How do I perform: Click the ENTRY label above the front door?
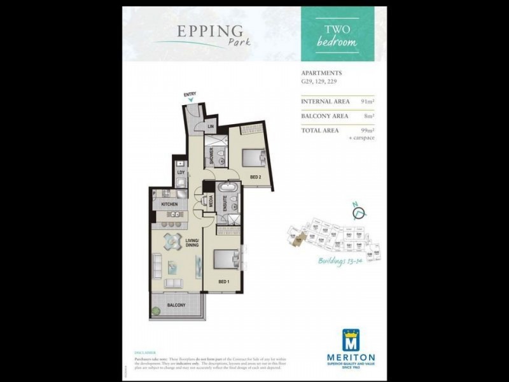coord(190,94)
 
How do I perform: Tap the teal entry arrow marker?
coord(190,100)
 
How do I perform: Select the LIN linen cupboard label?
coord(211,127)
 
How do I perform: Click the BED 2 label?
coord(255,177)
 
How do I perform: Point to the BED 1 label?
coord(223,281)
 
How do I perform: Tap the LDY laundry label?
coord(181,172)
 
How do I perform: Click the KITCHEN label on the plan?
coord(169,204)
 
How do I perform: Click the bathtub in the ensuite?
coord(227,188)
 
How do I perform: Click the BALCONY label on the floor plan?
coord(176,306)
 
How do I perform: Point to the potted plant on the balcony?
coord(155,311)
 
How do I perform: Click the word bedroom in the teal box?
coord(337,42)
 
